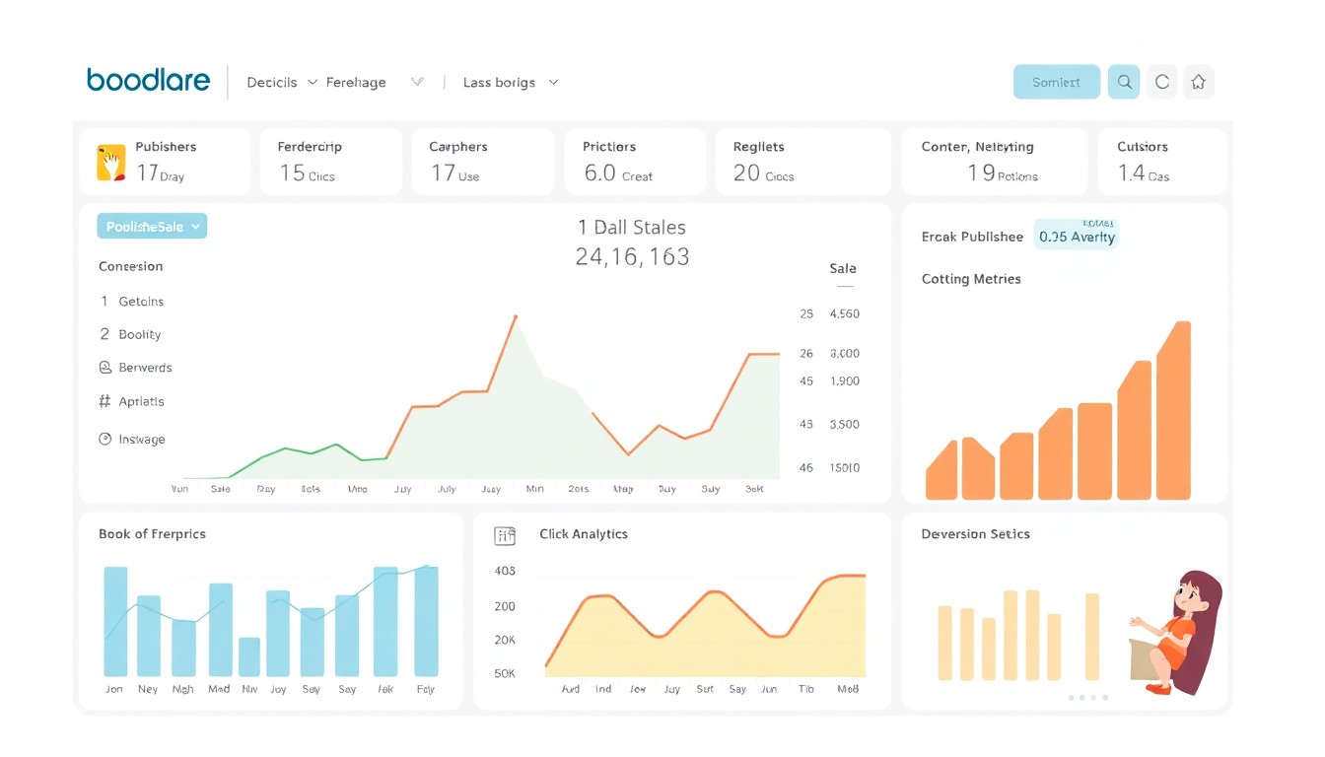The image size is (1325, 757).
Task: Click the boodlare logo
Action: click(x=148, y=81)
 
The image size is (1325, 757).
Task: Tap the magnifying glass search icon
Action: click(x=1124, y=83)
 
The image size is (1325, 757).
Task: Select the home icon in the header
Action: click(x=1198, y=83)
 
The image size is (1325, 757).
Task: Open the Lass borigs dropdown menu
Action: click(x=510, y=83)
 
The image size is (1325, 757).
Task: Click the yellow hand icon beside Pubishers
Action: click(x=111, y=163)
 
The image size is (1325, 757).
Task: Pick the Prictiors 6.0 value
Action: click(x=599, y=173)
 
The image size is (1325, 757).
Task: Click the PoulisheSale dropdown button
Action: click(x=152, y=227)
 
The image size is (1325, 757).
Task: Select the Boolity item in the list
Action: click(x=139, y=335)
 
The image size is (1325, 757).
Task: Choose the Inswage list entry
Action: click(x=141, y=440)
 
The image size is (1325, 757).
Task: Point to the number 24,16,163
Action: click(x=632, y=257)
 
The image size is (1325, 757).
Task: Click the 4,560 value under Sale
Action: click(x=845, y=314)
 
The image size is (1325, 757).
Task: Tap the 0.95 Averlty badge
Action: click(x=1077, y=237)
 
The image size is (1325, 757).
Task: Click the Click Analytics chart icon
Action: click(x=505, y=535)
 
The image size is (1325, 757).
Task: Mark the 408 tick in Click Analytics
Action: click(x=505, y=572)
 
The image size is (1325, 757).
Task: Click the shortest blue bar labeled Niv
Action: click(x=249, y=656)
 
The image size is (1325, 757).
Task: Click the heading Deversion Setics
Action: click(x=975, y=534)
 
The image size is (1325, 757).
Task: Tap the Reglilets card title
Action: click(x=758, y=147)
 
